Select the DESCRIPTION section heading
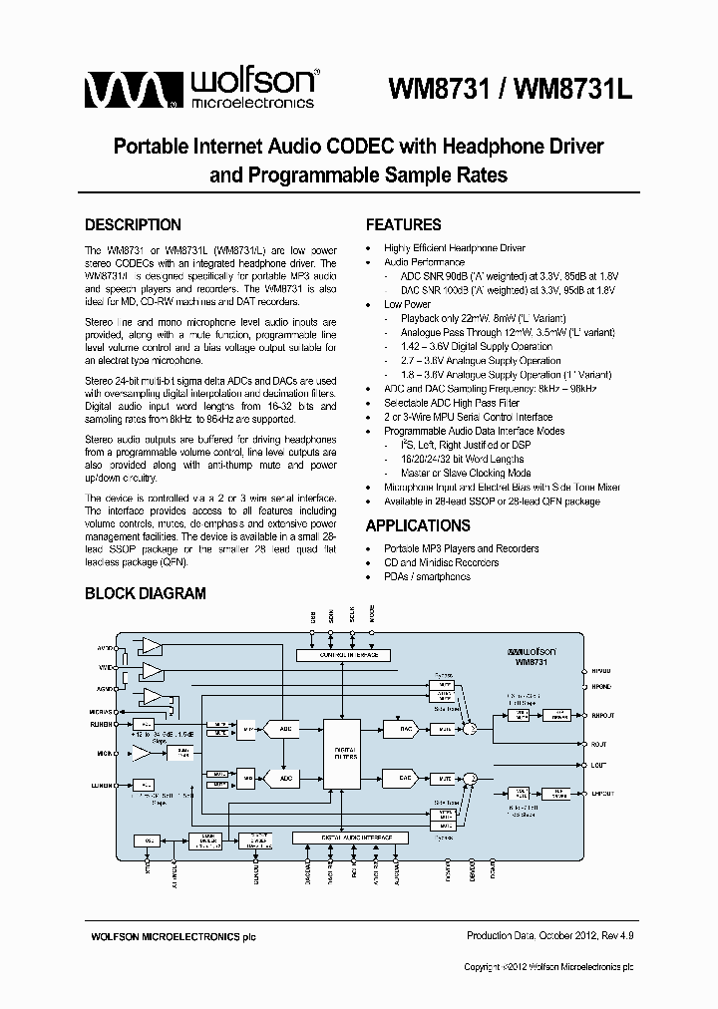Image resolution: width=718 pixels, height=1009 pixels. pyautogui.click(x=133, y=225)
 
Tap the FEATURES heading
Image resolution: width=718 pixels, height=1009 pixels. pyautogui.click(x=403, y=225)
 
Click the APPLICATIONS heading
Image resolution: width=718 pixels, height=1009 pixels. pyautogui.click(x=418, y=525)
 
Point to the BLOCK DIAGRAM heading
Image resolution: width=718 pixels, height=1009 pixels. pyautogui.click(x=145, y=593)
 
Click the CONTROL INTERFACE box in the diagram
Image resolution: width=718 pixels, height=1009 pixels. pyautogui.click(x=342, y=655)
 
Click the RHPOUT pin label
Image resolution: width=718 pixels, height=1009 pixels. pyautogui.click(x=603, y=716)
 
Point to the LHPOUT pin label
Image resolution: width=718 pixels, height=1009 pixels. pyautogui.click(x=603, y=794)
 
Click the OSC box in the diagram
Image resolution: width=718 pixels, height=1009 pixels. pyautogui.click(x=147, y=841)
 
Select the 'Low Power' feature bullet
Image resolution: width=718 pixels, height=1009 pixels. pyautogui.click(x=407, y=304)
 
